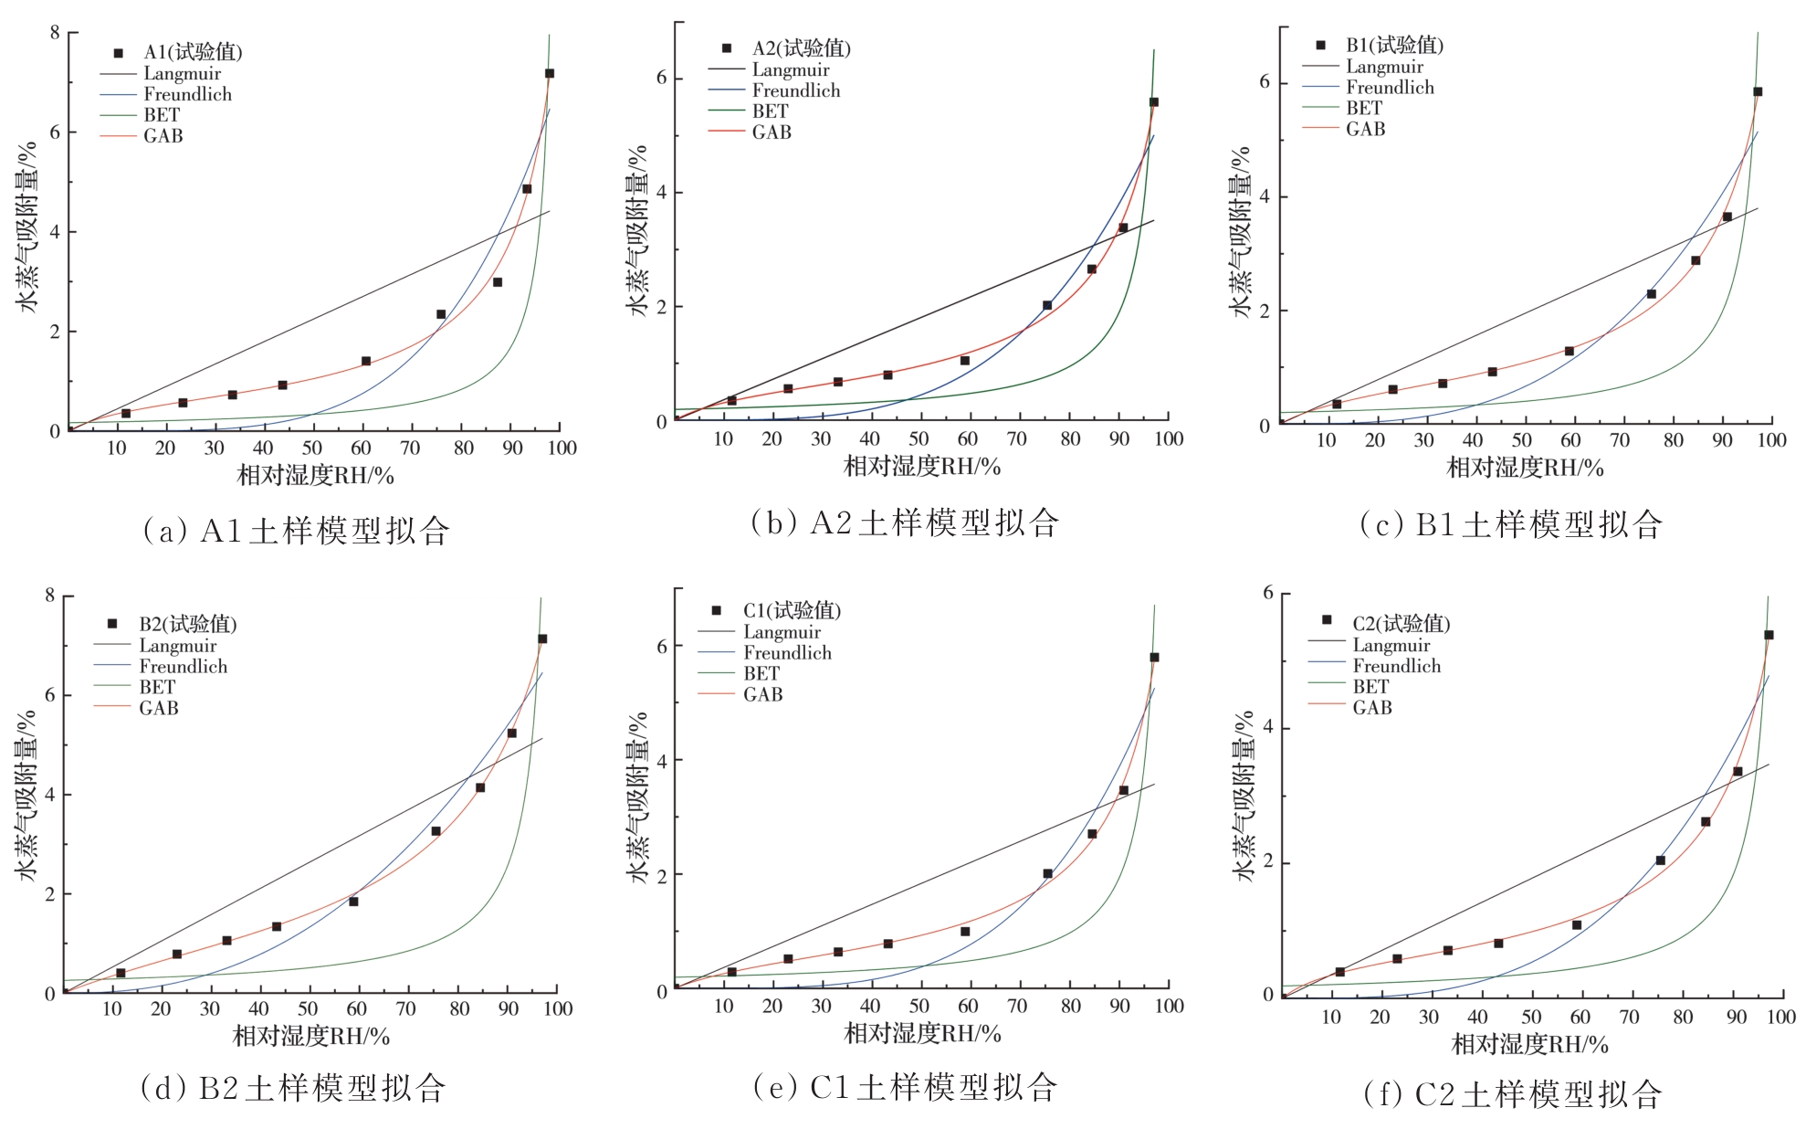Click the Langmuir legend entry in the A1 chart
(182, 74)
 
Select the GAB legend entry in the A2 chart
(772, 132)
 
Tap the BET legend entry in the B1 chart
(1364, 108)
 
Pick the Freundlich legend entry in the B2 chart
(183, 667)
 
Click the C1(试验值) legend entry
(791, 610)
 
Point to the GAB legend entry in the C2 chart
(1371, 707)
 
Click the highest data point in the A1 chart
(550, 73)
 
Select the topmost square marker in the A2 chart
(1154, 102)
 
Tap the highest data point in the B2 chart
(542, 638)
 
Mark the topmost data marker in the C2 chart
(1769, 635)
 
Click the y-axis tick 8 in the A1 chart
(55, 34)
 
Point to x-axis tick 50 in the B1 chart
(1522, 440)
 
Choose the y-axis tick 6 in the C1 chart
(663, 646)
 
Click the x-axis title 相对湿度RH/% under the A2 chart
(922, 467)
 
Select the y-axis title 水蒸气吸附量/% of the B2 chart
(26, 795)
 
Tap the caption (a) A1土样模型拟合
(297, 531)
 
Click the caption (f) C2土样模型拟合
(1512, 1093)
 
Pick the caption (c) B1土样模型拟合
(1512, 524)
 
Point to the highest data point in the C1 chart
(1154, 657)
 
